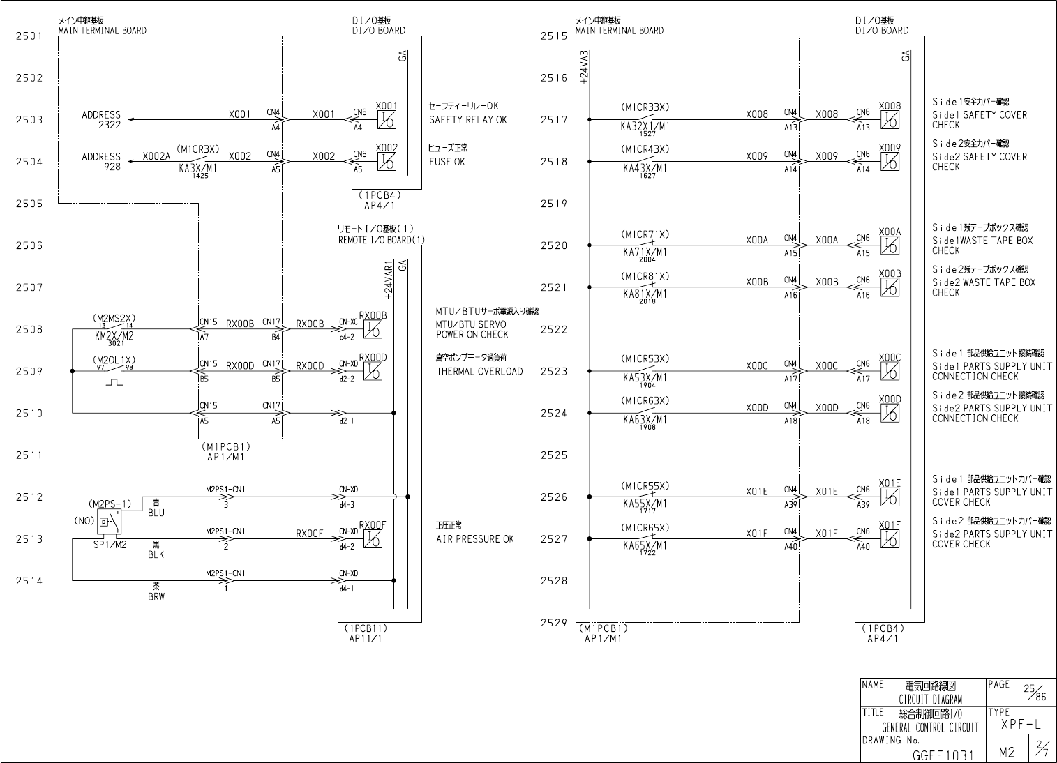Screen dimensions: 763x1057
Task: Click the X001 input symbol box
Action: [387, 120]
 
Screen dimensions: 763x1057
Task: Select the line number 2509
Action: [29, 371]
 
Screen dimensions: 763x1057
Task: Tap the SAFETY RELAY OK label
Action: [467, 120]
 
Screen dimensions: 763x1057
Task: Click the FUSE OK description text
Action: [447, 162]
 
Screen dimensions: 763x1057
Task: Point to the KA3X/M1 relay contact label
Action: [197, 168]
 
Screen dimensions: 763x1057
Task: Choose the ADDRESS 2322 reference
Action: [101, 119]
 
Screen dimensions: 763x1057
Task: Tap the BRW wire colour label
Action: [156, 596]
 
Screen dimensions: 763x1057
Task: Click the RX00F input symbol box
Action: [373, 539]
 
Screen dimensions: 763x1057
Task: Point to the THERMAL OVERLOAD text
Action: [479, 371]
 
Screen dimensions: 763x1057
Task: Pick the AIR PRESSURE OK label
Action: [474, 539]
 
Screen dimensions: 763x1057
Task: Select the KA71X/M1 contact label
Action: [645, 252]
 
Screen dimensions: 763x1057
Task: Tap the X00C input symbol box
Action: [890, 372]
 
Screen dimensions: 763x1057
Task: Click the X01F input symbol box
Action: [890, 539]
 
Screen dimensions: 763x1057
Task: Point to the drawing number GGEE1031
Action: [943, 755]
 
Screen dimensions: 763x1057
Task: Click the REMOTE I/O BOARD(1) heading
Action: [381, 240]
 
